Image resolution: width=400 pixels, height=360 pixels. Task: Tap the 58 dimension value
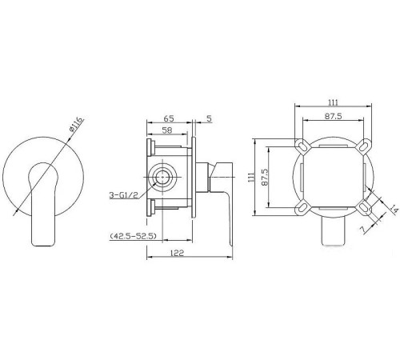[167, 129]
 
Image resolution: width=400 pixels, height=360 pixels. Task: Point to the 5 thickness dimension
[210, 118]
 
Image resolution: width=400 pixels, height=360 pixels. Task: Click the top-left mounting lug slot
[302, 146]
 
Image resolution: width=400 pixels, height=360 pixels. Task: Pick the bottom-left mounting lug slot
[302, 209]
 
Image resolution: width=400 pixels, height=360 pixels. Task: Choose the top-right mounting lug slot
[366, 146]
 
